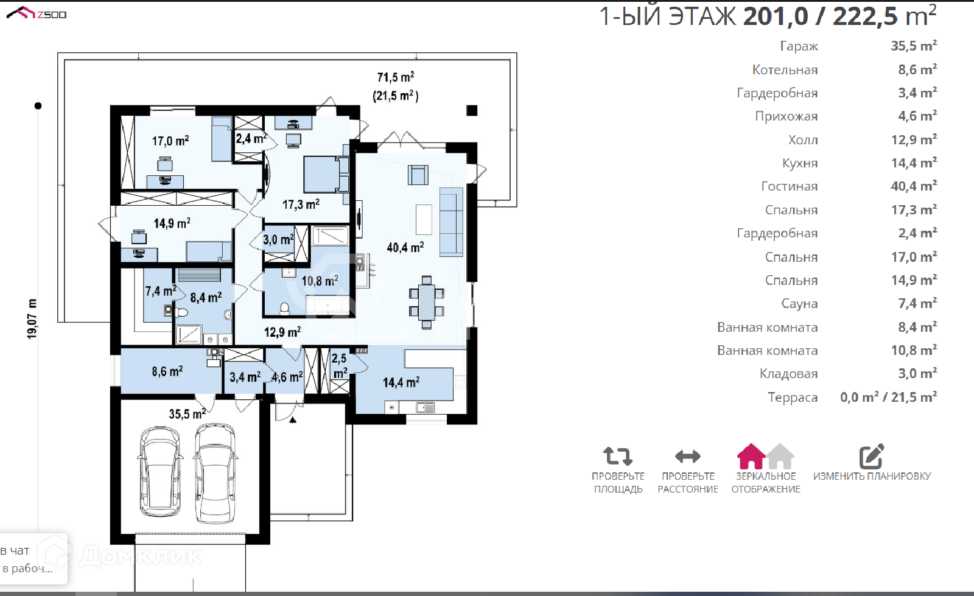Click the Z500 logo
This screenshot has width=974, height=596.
pyautogui.click(x=37, y=13)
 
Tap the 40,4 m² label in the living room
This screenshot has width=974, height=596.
pyautogui.click(x=405, y=247)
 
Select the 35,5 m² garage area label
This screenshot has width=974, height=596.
pyautogui.click(x=187, y=414)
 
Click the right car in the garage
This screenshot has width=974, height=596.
pyautogui.click(x=215, y=474)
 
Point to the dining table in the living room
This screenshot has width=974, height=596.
pyautogui.click(x=427, y=302)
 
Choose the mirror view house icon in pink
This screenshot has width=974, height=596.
pyautogui.click(x=751, y=456)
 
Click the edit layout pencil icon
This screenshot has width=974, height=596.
pyautogui.click(x=871, y=456)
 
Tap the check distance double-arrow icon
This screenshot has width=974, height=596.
pyautogui.click(x=687, y=456)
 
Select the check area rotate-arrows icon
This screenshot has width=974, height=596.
pyautogui.click(x=617, y=456)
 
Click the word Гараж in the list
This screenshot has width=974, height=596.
pyautogui.click(x=799, y=46)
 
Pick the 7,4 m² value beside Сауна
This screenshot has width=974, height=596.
pyautogui.click(x=917, y=303)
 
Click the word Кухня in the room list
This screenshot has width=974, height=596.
pyautogui.click(x=800, y=163)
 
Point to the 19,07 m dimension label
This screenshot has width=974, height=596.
pyautogui.click(x=32, y=318)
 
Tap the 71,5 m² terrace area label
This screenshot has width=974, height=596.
pyautogui.click(x=395, y=77)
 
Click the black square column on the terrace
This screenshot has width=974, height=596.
pyautogui.click(x=472, y=110)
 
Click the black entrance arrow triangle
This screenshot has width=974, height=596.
pyautogui.click(x=293, y=420)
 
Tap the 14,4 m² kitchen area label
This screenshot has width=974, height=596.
pyautogui.click(x=401, y=382)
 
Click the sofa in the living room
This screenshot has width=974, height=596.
pyautogui.click(x=451, y=222)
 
